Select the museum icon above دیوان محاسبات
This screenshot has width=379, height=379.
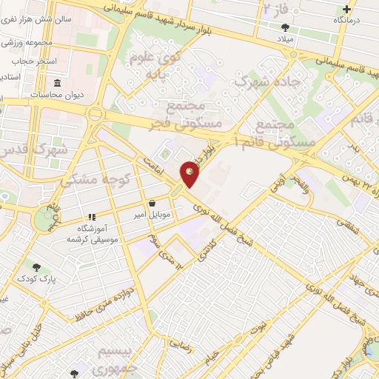tap(58, 83)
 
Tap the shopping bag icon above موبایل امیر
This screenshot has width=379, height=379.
tap(152, 201)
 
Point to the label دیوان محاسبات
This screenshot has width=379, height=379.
tap(56, 95)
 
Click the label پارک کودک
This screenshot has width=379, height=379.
tap(38, 280)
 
